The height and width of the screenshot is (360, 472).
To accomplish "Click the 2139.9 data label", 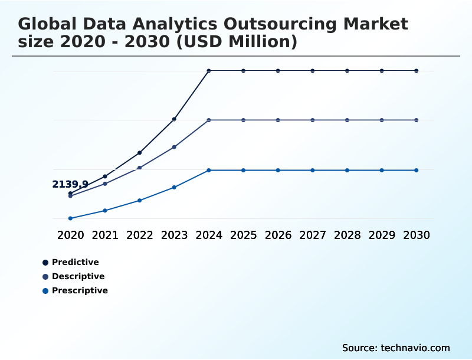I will click(x=70, y=184).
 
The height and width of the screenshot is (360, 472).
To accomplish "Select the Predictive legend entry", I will click(x=75, y=262).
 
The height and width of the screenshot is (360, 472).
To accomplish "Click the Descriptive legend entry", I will click(x=78, y=276).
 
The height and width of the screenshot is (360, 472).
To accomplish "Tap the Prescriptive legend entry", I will click(x=80, y=290).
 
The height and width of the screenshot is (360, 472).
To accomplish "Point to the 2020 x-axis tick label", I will click(x=71, y=235).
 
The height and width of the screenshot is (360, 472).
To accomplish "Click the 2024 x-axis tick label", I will click(x=209, y=235).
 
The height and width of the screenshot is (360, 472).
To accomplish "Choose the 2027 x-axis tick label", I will click(x=313, y=235).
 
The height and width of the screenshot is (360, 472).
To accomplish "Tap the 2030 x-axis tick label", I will click(x=417, y=235).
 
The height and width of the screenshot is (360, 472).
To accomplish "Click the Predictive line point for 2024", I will click(x=209, y=71).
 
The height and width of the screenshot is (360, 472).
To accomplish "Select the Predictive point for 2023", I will click(x=174, y=119).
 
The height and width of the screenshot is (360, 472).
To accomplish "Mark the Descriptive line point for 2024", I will click(x=209, y=120).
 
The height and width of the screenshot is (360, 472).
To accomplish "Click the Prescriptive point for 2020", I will click(x=70, y=218).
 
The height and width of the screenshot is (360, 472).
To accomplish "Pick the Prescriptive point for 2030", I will click(x=417, y=170).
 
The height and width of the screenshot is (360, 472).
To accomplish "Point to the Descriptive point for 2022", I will click(x=140, y=168).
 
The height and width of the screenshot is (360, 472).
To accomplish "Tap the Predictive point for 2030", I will click(x=417, y=71).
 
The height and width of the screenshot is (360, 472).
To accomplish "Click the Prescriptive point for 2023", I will click(x=174, y=187).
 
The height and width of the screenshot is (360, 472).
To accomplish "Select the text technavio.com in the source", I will click(x=415, y=348).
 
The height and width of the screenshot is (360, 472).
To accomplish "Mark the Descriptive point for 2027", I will click(x=313, y=120).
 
